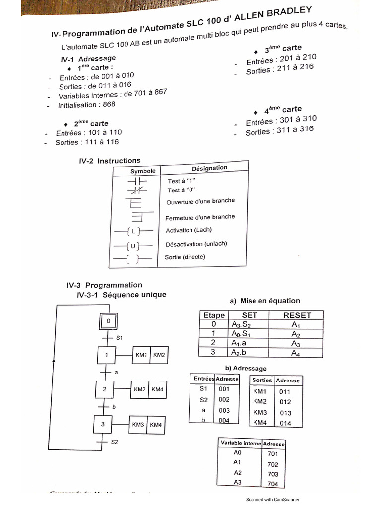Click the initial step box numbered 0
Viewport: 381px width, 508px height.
tap(108, 322)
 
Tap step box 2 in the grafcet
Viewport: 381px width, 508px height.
tap(105, 389)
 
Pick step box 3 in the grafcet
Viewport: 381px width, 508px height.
tap(103, 424)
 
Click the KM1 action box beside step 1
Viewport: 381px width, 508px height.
tap(141, 355)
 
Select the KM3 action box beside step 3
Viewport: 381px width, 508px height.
tap(138, 425)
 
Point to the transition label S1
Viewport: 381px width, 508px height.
tap(119, 338)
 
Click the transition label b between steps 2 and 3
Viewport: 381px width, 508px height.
tap(114, 407)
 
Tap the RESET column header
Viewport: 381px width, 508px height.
tap(297, 315)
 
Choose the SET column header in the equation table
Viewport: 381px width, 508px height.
tap(250, 315)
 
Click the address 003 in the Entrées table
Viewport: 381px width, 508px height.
tap(224, 410)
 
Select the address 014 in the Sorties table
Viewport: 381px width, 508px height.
tap(285, 423)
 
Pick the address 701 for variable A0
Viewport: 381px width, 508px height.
tap(273, 453)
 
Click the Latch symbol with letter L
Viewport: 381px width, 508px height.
tap(133, 231)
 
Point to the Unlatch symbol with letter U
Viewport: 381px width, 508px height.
tap(133, 246)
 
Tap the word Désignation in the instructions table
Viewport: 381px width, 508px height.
tap(209, 168)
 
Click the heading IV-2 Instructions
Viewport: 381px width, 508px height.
tap(110, 161)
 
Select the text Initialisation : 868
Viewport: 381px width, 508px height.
tap(86, 105)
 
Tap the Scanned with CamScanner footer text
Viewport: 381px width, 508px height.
tap(273, 500)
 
